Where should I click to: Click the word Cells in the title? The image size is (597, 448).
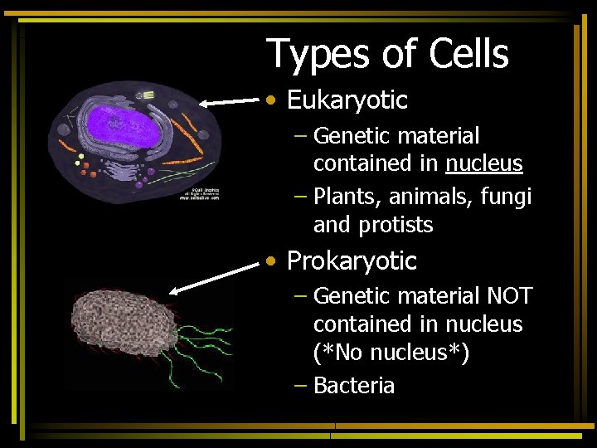tap(468, 54)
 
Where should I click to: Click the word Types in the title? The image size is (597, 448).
tap(318, 56)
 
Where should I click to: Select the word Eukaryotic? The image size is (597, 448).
tap(347, 100)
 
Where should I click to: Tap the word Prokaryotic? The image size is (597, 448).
tap(352, 261)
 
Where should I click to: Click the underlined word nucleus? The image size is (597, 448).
tap(483, 163)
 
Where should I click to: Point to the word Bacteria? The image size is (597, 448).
tap(354, 386)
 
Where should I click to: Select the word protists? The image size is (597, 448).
tap(396, 225)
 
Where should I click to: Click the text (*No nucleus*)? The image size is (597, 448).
tap(391, 353)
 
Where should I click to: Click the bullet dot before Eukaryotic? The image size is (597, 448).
tap(271, 101)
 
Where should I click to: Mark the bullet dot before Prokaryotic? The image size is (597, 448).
tap(271, 262)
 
